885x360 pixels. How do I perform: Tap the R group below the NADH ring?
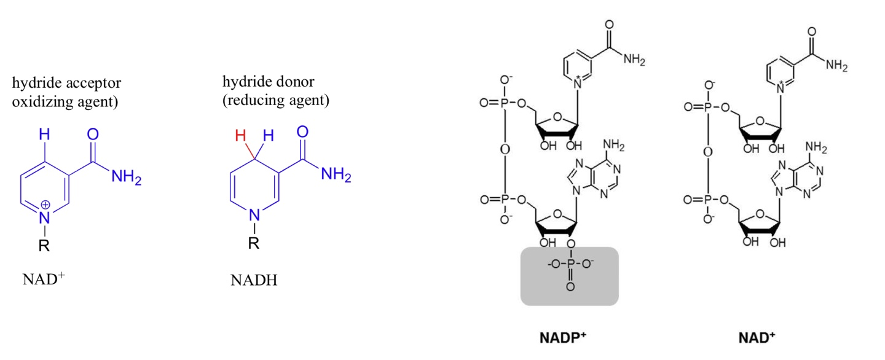[x=253, y=244]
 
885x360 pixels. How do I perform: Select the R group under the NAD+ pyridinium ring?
[x=44, y=246]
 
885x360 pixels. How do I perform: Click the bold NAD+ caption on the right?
[x=757, y=337]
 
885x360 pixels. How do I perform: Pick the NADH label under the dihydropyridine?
[x=253, y=281]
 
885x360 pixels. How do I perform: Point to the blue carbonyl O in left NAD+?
[x=93, y=135]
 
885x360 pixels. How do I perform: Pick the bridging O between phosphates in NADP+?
[x=503, y=151]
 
